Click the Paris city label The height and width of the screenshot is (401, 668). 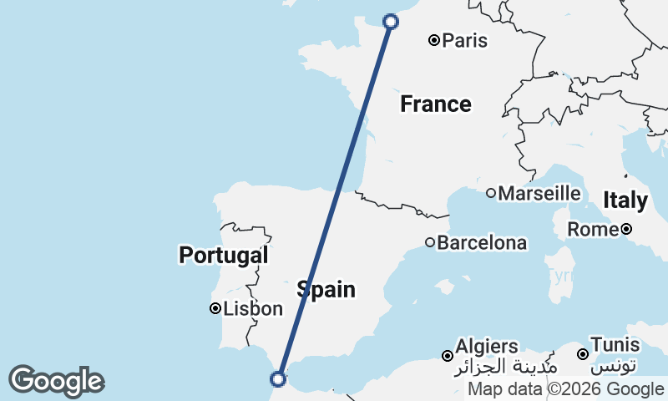click(x=465, y=40)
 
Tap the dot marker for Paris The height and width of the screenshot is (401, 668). click(x=434, y=40)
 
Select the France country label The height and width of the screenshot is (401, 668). click(x=435, y=104)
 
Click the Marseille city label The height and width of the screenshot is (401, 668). click(x=539, y=193)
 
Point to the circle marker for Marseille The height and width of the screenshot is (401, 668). click(x=491, y=193)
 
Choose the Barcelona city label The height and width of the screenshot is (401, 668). click(x=482, y=243)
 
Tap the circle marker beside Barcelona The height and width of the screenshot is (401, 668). click(x=430, y=243)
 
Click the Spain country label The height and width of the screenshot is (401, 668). click(x=326, y=290)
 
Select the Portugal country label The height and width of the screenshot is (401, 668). click(x=224, y=256)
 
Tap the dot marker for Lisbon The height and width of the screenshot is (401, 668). click(x=215, y=309)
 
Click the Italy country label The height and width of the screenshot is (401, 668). click(x=625, y=200)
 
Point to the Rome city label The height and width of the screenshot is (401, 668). click(x=591, y=229)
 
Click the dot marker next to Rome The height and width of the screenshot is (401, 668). click(x=625, y=229)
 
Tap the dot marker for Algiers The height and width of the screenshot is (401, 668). click(x=448, y=356)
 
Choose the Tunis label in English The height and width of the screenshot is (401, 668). click(x=615, y=345)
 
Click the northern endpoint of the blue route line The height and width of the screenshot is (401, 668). click(x=390, y=22)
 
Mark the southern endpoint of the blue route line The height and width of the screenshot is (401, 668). click(x=278, y=378)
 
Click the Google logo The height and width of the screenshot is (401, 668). click(x=56, y=381)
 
